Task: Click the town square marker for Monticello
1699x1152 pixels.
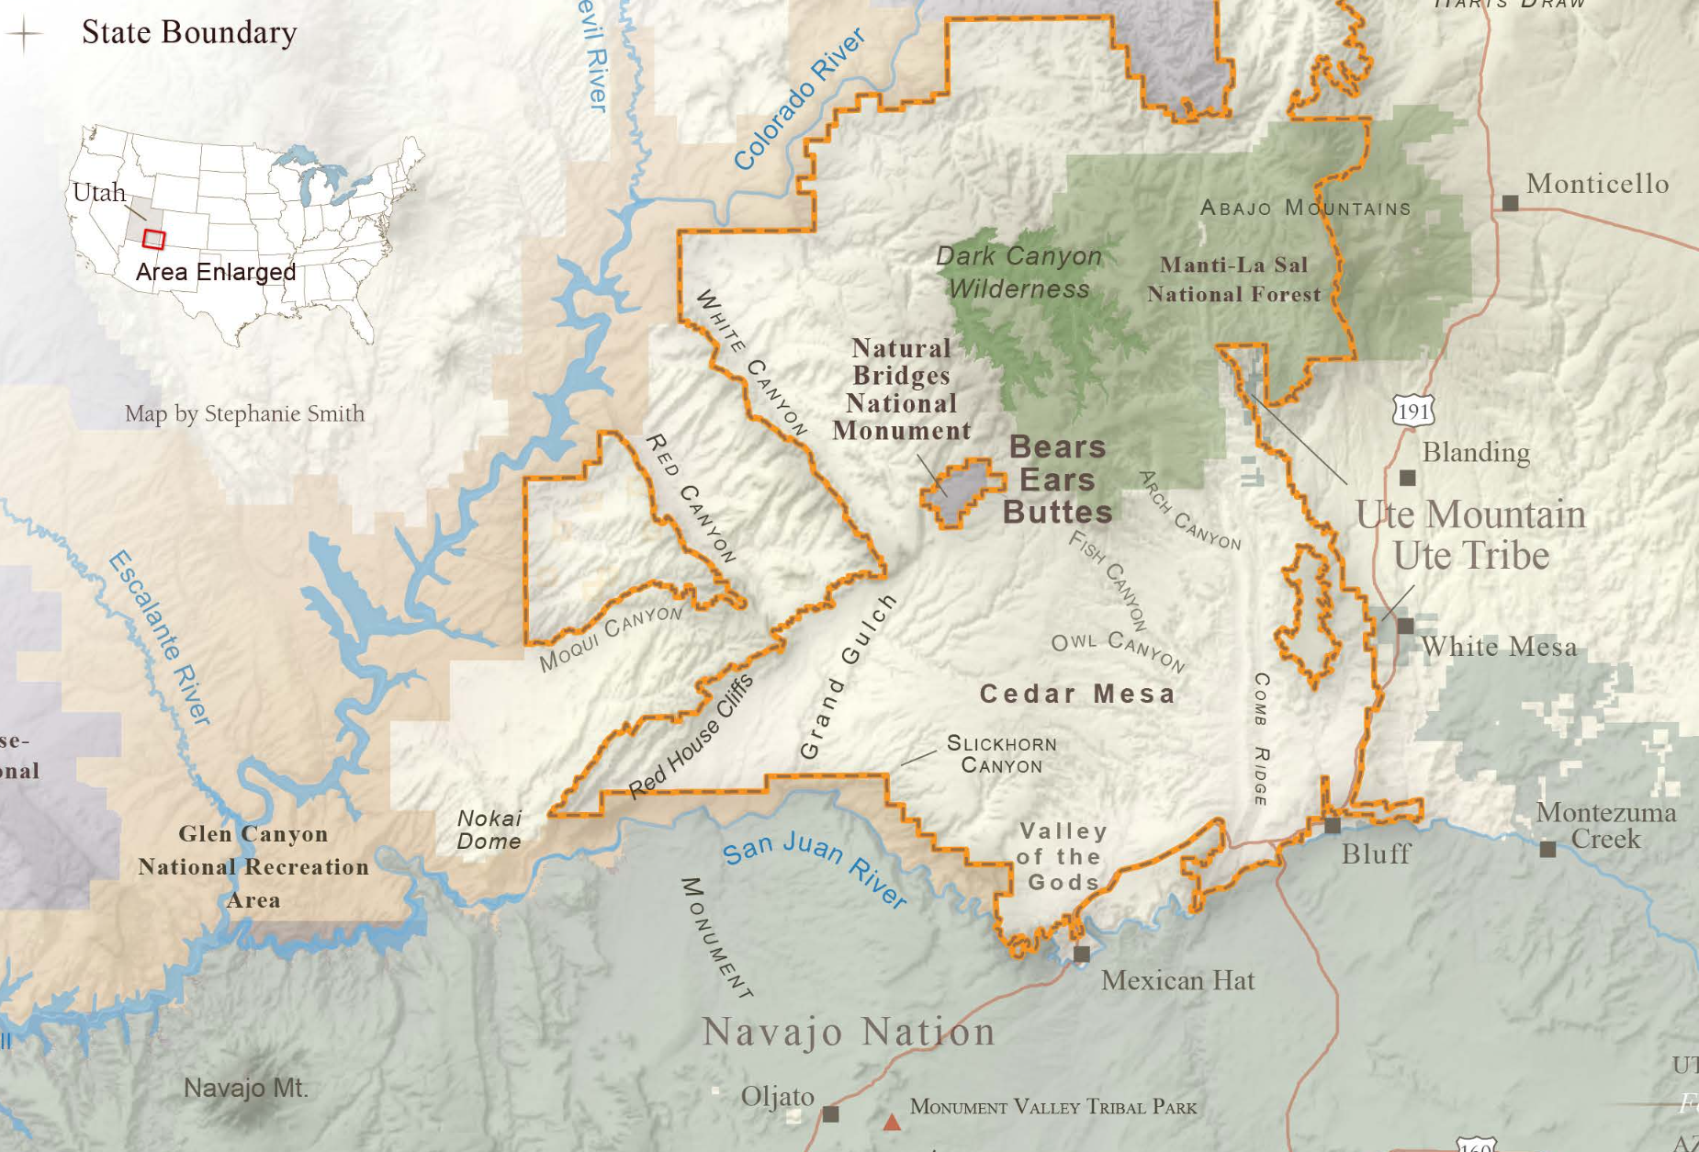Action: pyautogui.click(x=1510, y=202)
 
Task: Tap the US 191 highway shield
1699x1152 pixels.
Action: pyautogui.click(x=1412, y=411)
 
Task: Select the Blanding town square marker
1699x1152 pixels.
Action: pyautogui.click(x=1407, y=478)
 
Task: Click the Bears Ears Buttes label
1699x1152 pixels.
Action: pyautogui.click(x=1057, y=480)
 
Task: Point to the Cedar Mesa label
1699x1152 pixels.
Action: pyautogui.click(x=1077, y=694)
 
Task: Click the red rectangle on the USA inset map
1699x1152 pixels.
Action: pyautogui.click(x=153, y=240)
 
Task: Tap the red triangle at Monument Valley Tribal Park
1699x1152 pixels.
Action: pyautogui.click(x=891, y=1122)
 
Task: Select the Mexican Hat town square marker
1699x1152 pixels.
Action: pyautogui.click(x=1082, y=954)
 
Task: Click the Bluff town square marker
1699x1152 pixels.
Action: pyautogui.click(x=1333, y=825)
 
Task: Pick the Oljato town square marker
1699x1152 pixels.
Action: pyautogui.click(x=830, y=1113)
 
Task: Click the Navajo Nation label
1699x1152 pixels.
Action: pyautogui.click(x=849, y=1032)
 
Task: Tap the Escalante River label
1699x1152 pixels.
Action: pyautogui.click(x=160, y=638)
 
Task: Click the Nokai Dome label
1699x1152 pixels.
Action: pyautogui.click(x=489, y=830)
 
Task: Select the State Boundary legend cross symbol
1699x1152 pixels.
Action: pyautogui.click(x=25, y=34)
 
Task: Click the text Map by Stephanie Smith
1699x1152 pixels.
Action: pyautogui.click(x=244, y=413)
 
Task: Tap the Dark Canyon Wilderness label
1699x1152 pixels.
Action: pyautogui.click(x=1018, y=272)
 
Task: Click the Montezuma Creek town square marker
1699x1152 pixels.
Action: pyautogui.click(x=1547, y=850)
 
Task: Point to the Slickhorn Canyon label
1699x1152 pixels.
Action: pyautogui.click(x=1001, y=754)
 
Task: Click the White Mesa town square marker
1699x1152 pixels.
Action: pyautogui.click(x=1405, y=626)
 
